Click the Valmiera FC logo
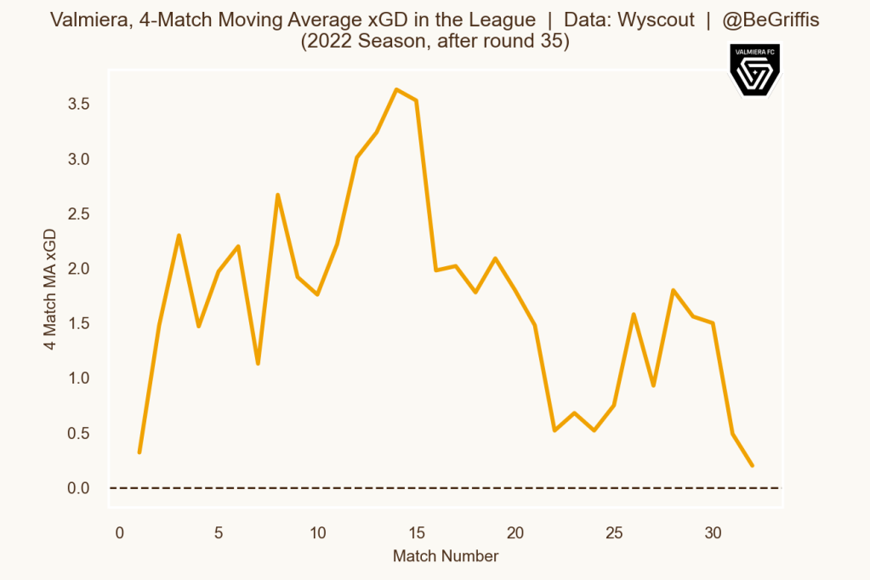coord(754,71)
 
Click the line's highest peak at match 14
coord(396,89)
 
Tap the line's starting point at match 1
coord(139,452)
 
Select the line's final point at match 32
coord(753,465)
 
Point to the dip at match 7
coord(258,364)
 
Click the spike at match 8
coord(277,195)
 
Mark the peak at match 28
coord(674,290)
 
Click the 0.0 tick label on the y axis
coord(79,488)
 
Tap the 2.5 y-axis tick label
coord(79,213)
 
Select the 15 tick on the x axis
coord(417,533)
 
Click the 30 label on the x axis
coord(714,533)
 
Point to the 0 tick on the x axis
coord(120,533)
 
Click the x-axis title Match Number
coord(446,556)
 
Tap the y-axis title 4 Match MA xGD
coord(51,289)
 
